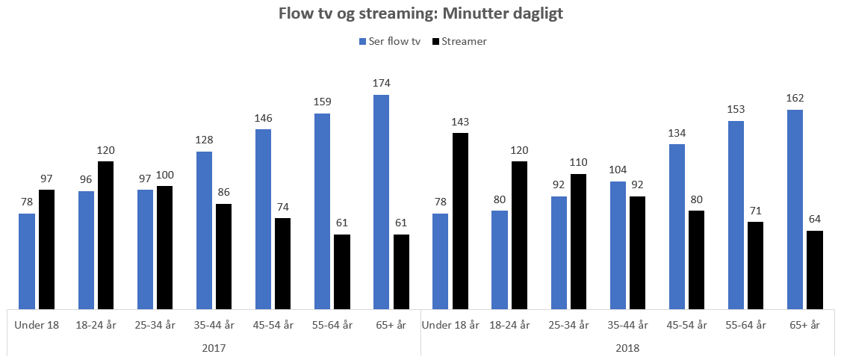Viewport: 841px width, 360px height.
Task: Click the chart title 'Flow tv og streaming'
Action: pos(420,13)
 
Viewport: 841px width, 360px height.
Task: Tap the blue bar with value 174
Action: pos(381,202)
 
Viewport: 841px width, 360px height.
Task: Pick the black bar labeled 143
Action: pos(460,220)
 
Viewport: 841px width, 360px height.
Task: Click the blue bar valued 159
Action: pos(322,211)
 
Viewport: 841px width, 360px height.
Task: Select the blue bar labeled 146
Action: pos(263,219)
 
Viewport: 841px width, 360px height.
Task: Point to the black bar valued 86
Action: pos(223,255)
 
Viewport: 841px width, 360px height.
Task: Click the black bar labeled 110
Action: pos(578,240)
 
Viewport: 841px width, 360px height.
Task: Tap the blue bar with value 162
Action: pos(795,208)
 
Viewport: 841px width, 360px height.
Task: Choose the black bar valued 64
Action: pos(815,269)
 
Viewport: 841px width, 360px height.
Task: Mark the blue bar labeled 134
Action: pos(677,226)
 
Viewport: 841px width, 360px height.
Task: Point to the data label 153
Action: pos(736,110)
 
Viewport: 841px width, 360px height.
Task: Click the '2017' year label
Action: pos(214,348)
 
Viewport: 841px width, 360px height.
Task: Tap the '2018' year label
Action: pos(627,348)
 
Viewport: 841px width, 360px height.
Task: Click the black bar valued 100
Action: pos(164,246)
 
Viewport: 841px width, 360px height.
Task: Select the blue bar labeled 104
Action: pos(618,244)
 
